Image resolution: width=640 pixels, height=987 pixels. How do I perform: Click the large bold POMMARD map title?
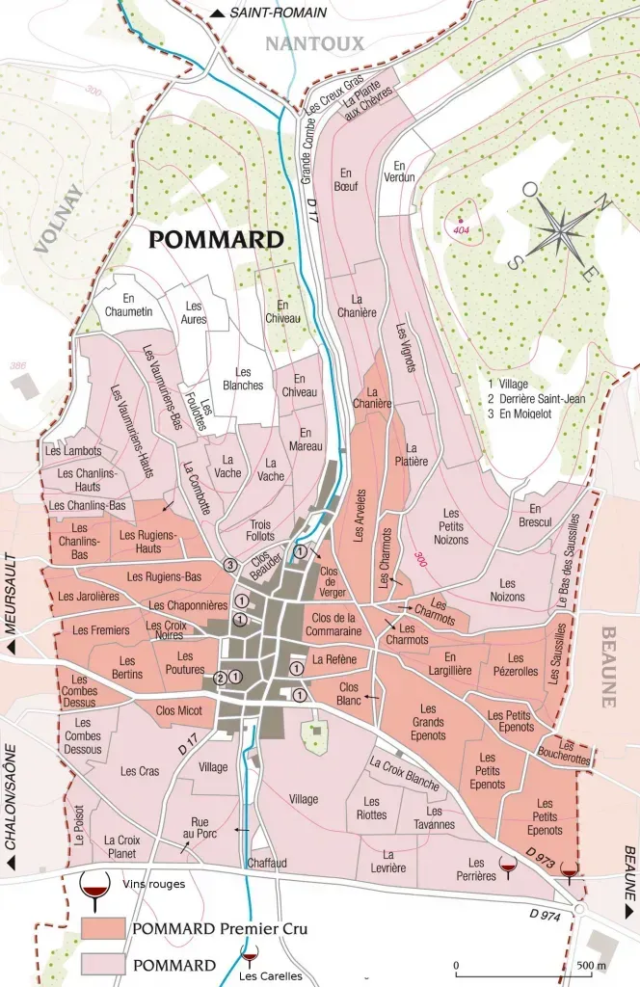pos(216,240)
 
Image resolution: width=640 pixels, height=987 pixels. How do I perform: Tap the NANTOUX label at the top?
pos(314,43)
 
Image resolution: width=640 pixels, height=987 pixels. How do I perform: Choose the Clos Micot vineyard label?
pos(178,710)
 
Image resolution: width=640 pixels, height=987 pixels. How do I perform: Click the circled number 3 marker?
pos(229,564)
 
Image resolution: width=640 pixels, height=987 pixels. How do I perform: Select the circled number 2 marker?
pos(220,678)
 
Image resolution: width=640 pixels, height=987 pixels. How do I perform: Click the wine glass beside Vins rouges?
pos(94,889)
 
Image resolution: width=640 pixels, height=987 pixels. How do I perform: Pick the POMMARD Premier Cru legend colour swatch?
pos(103,928)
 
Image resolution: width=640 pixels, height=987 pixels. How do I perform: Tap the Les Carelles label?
pos(270,976)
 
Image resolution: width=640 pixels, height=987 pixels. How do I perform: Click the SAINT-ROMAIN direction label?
pos(278,13)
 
